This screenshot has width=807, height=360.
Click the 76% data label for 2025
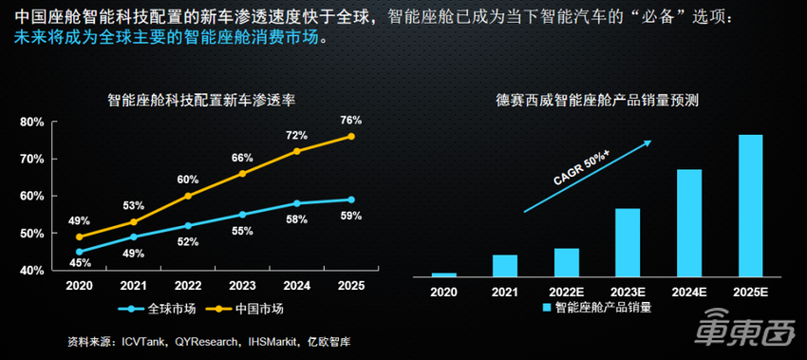pyautogui.click(x=350, y=120)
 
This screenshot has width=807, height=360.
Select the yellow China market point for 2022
pyautogui.click(x=188, y=196)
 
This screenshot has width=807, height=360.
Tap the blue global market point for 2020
pyautogui.click(x=79, y=252)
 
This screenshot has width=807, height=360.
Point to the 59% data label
pyautogui.click(x=350, y=216)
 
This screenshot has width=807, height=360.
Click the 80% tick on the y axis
pyautogui.click(x=32, y=122)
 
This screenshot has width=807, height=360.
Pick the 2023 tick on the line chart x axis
pyautogui.click(x=242, y=286)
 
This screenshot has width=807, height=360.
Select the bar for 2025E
pyautogui.click(x=751, y=205)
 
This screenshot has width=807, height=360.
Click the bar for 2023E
pyautogui.click(x=628, y=241)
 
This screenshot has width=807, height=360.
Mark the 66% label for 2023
pyautogui.click(x=242, y=158)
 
